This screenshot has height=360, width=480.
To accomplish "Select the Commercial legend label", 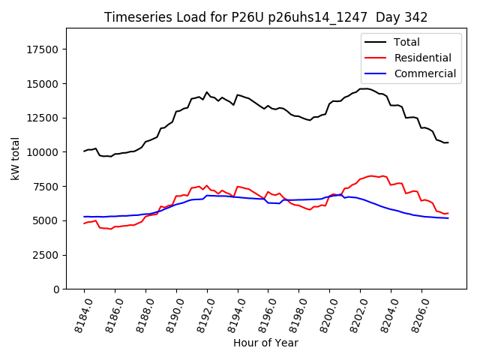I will (425, 73).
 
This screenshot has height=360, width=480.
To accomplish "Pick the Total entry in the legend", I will (407, 42).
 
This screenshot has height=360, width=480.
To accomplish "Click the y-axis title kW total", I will (16, 158).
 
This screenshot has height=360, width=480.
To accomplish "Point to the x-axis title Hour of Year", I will (265, 343).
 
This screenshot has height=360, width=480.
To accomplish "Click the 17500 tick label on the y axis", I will (44, 49).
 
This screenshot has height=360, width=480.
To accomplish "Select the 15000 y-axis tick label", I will (44, 83).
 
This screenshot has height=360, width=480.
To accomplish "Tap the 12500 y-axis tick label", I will (44, 118).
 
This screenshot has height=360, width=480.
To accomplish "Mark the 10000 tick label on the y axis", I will (44, 152).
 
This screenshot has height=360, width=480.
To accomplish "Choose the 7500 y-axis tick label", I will (47, 186).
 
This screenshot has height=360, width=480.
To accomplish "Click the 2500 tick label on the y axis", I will (47, 255).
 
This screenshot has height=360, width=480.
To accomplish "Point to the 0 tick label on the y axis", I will (57, 289).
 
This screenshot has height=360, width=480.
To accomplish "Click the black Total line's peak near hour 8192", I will (207, 92).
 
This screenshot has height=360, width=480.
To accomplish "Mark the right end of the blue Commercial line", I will (448, 218).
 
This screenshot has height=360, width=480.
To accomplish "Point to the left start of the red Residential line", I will (84, 223).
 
